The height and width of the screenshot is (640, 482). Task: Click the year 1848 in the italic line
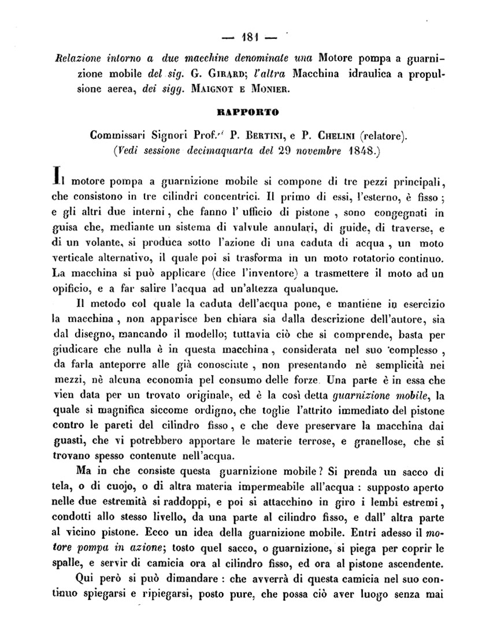(363, 152)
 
